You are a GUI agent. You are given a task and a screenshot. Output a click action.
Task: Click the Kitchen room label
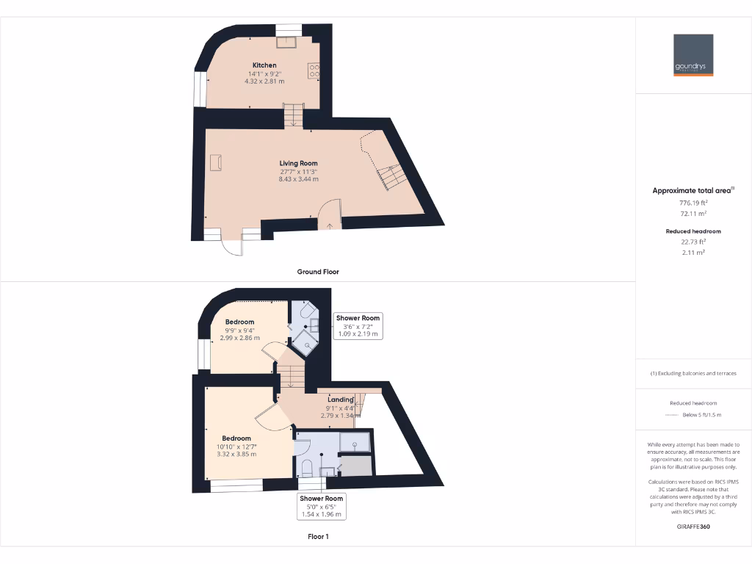(264, 65)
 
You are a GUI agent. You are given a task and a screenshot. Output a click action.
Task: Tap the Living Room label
(298, 163)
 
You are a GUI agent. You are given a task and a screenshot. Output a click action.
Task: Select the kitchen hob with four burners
(315, 70)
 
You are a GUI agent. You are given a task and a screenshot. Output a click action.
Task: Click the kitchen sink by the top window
(287, 41)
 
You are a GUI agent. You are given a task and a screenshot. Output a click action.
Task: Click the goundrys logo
(693, 55)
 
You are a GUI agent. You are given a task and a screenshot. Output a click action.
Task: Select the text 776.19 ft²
(693, 202)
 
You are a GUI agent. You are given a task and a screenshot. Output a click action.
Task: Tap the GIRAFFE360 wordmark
(693, 527)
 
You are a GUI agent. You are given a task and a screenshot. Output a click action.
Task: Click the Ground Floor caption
(318, 272)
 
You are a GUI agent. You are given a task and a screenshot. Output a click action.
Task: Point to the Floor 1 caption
(318, 537)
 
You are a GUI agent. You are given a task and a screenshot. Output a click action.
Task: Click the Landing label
(340, 399)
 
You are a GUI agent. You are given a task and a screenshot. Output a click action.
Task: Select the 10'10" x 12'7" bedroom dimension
(236, 446)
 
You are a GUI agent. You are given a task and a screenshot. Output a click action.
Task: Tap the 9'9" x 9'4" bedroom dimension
(239, 330)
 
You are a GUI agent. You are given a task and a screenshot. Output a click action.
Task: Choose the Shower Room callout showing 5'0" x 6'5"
(322, 507)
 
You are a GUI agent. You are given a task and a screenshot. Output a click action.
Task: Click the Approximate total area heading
(691, 190)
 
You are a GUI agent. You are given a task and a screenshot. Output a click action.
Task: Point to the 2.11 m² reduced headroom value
(693, 252)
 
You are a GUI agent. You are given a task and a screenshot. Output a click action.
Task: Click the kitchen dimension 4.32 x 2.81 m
(264, 82)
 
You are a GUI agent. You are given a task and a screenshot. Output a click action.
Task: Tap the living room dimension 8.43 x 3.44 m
(298, 179)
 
